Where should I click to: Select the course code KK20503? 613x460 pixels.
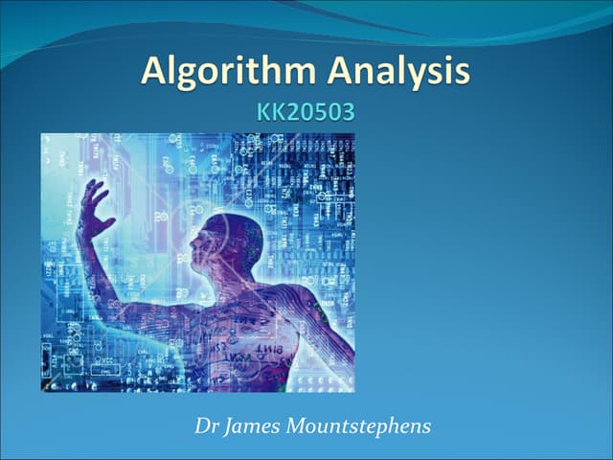tap(306, 112)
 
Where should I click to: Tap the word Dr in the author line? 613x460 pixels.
tap(204, 425)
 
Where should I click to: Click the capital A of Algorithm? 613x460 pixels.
tap(155, 72)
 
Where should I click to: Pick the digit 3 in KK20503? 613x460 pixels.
tap(348, 112)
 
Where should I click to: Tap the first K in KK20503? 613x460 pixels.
tap(263, 112)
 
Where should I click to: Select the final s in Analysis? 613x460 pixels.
tap(462, 75)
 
